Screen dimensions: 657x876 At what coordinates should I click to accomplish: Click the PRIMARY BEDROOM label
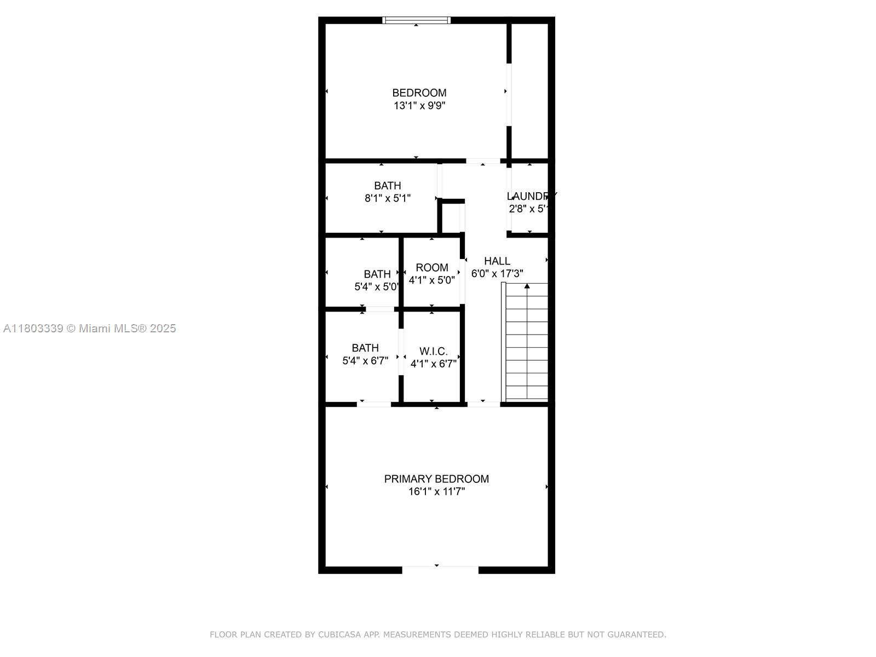(x=436, y=479)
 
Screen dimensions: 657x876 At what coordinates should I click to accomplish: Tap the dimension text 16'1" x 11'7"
(x=436, y=492)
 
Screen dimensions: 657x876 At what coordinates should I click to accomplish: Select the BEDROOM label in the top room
(x=419, y=93)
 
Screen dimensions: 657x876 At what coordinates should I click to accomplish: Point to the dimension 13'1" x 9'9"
(x=419, y=106)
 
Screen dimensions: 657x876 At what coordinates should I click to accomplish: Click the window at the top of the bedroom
(x=416, y=20)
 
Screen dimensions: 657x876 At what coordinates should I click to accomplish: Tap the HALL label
(x=497, y=261)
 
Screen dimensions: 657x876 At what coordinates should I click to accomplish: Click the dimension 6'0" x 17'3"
(x=497, y=274)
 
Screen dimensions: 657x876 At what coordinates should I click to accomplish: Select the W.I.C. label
(x=433, y=351)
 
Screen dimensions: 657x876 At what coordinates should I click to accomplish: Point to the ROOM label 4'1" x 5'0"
(x=432, y=268)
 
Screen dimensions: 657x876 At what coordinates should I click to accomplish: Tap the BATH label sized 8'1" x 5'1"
(x=387, y=186)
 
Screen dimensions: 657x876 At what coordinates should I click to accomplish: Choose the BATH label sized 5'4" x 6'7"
(x=365, y=348)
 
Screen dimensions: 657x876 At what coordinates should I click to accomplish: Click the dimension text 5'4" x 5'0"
(x=377, y=286)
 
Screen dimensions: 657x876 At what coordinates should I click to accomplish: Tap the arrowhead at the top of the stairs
(x=527, y=286)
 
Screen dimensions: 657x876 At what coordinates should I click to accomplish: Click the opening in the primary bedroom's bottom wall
(x=440, y=569)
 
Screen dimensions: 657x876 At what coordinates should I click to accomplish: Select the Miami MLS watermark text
(x=89, y=328)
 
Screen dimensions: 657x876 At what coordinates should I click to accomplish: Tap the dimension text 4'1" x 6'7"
(x=433, y=364)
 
